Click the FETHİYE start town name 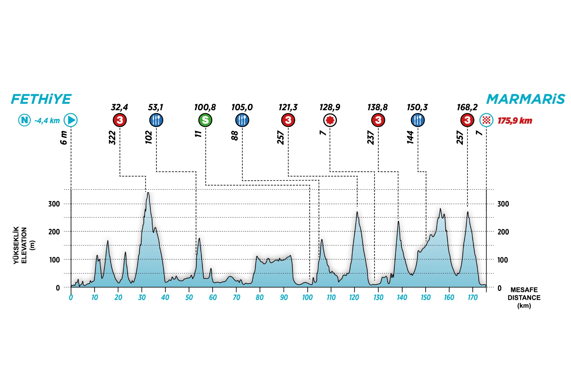[41, 99]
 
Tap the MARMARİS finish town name [525, 99]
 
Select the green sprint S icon [205, 120]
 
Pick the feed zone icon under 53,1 [156, 120]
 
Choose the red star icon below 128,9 [330, 120]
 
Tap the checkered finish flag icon [486, 120]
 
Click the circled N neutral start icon [24, 120]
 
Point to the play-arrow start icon [71, 120]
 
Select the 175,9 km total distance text [515, 121]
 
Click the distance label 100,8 [205, 107]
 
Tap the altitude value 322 [112, 137]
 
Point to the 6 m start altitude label [64, 137]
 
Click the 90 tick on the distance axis [284, 297]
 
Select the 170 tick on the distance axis [473, 297]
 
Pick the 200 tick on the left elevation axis [54, 232]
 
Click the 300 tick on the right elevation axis [503, 204]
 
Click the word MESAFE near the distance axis [524, 290]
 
